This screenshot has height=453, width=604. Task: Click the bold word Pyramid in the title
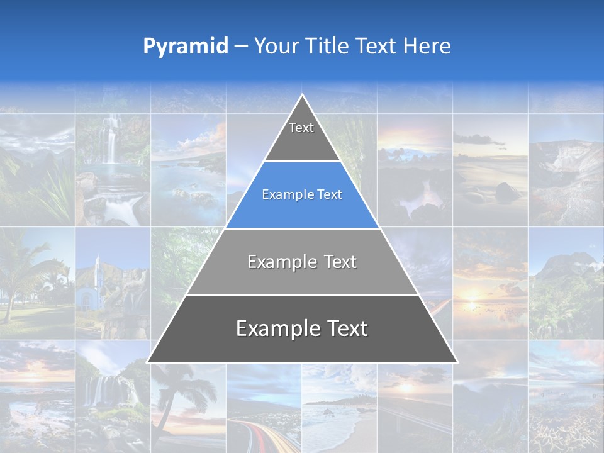(185, 47)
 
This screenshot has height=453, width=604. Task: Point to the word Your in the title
(276, 47)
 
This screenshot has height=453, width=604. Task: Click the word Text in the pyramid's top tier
(301, 128)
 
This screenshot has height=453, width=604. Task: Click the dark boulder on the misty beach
(507, 191)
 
